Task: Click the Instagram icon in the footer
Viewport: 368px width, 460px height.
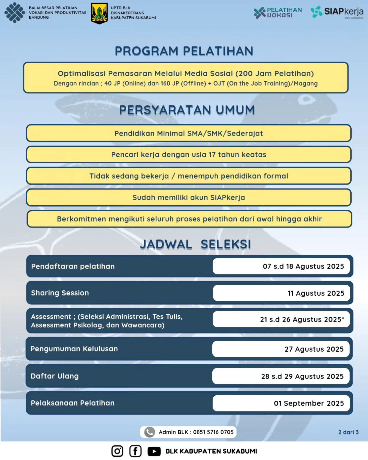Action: (117, 451)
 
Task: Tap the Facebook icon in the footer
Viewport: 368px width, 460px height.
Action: (135, 451)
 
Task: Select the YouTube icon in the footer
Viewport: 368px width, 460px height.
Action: (154, 451)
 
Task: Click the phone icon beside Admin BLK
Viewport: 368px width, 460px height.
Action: (149, 432)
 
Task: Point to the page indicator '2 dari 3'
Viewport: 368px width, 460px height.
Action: (348, 432)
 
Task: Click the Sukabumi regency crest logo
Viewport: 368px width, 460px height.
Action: (99, 13)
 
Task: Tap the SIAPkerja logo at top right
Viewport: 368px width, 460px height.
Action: (337, 12)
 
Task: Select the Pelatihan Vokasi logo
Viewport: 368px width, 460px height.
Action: (278, 13)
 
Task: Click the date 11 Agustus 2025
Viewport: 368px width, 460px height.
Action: (316, 293)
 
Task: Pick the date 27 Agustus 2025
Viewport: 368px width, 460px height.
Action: (314, 349)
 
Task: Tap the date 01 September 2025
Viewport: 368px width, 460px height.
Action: (309, 403)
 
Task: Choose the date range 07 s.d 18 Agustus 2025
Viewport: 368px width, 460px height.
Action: (303, 266)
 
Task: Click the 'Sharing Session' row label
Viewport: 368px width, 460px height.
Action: (60, 293)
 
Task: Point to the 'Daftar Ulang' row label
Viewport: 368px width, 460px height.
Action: (54, 376)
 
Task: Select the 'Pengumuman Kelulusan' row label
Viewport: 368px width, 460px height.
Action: (74, 349)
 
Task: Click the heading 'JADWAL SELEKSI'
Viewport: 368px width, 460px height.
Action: (195, 244)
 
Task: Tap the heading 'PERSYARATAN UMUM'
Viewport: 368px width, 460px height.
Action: (187, 110)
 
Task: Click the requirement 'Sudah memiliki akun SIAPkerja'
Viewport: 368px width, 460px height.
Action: (189, 198)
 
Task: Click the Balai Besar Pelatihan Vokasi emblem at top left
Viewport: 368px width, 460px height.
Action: (15, 13)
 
